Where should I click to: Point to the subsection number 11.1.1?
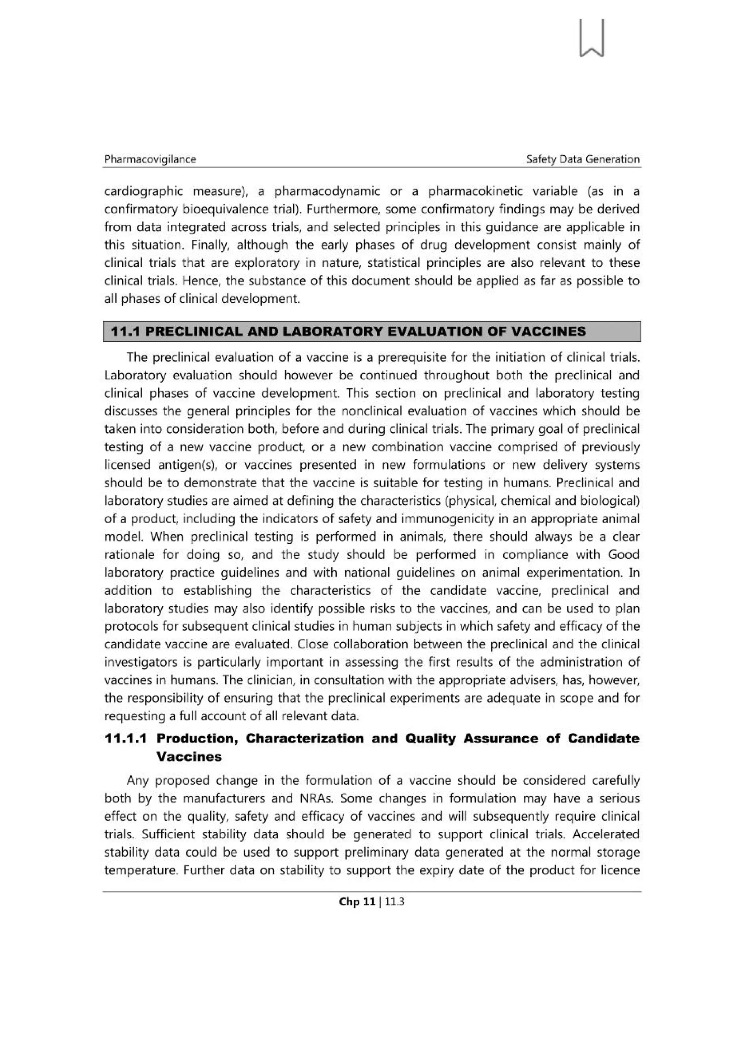point(125,739)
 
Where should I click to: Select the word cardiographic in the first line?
point(143,191)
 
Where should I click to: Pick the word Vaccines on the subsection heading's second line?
point(189,756)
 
